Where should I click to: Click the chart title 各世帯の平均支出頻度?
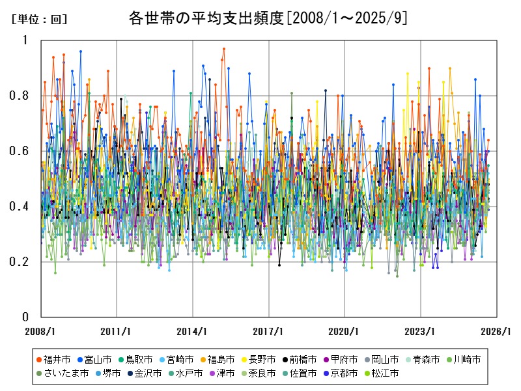coord(207,18)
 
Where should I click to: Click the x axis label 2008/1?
coord(40,331)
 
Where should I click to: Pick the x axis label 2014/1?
coord(193,331)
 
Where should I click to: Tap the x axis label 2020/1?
coord(345,331)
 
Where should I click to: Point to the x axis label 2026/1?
coord(496,331)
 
